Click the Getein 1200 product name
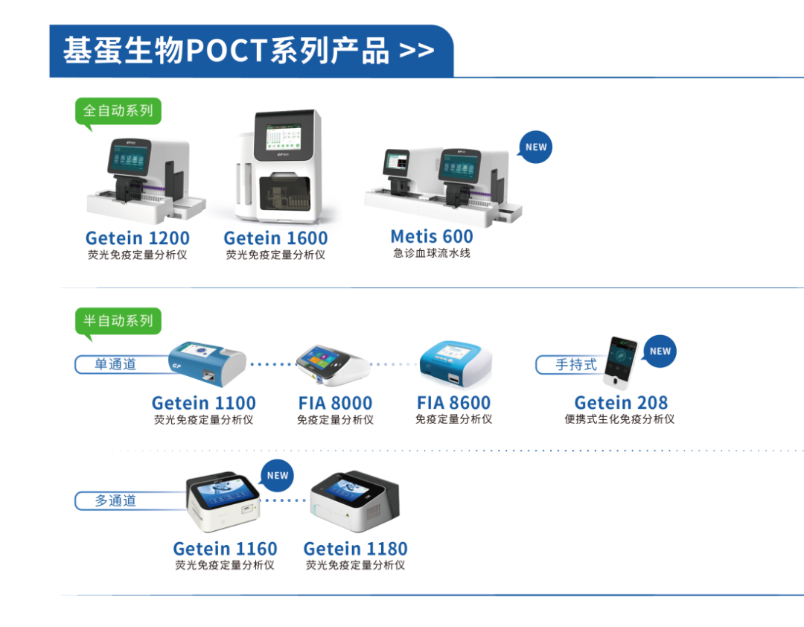tap(137, 238)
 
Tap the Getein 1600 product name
tap(275, 238)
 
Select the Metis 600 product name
tap(432, 237)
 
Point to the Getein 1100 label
tap(203, 403)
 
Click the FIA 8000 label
tap(335, 403)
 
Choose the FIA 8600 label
tap(453, 403)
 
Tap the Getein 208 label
tap(621, 403)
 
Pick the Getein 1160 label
tap(225, 549)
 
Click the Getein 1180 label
tap(355, 549)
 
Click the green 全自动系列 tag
tap(118, 111)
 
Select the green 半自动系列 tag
tap(118, 321)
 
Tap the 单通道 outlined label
tap(115, 365)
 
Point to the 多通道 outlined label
tap(115, 500)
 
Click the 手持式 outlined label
tap(575, 365)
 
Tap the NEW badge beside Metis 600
tap(535, 147)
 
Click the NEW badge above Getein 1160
tap(277, 475)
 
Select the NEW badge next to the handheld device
tap(660, 351)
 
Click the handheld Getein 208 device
tap(621, 363)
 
